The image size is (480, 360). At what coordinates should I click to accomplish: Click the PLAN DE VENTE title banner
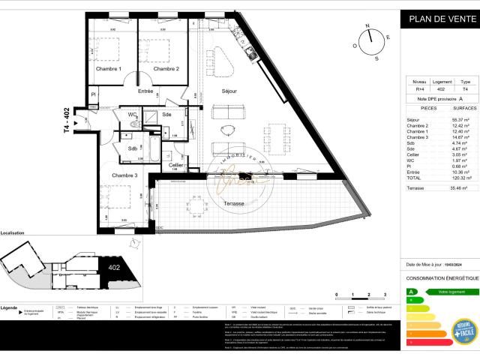click(438, 19)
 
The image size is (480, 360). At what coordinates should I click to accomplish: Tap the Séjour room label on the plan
click(229, 91)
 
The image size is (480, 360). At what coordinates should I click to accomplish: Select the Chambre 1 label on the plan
click(108, 70)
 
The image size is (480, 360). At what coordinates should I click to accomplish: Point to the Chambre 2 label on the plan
click(166, 70)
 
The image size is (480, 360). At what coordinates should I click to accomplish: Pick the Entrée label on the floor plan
click(145, 91)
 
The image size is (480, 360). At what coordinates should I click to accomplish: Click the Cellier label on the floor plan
click(176, 165)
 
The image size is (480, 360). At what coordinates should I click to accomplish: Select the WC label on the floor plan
click(132, 115)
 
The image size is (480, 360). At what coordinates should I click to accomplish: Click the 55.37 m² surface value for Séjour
click(459, 120)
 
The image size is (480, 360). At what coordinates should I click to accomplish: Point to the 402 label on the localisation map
click(114, 266)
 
